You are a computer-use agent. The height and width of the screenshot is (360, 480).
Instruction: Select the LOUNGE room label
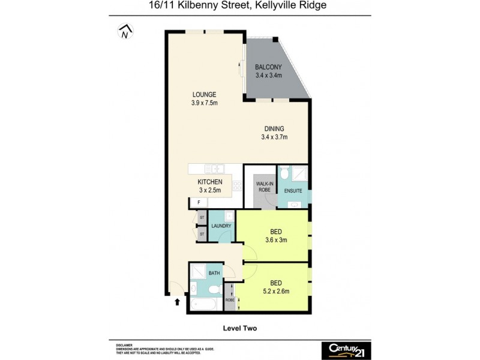(204, 94)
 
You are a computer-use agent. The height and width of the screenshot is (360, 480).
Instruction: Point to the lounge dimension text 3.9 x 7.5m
(204, 103)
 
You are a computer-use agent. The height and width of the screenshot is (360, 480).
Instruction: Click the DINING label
(277, 128)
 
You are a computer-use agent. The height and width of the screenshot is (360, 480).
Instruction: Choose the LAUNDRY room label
(220, 227)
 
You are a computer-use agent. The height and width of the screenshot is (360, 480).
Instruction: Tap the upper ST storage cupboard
(202, 217)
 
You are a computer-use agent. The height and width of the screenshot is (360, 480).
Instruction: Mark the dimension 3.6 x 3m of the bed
(277, 240)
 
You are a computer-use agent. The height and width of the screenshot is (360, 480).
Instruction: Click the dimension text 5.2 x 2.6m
(277, 292)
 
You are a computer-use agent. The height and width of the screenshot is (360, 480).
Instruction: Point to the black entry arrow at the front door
(177, 304)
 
